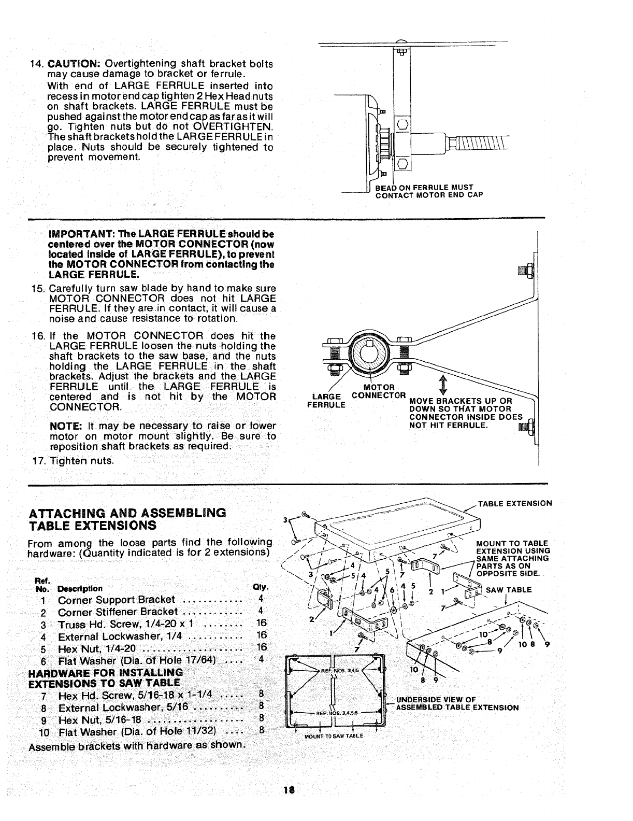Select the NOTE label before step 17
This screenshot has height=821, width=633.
pos(63,426)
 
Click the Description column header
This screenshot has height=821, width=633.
pos(80,589)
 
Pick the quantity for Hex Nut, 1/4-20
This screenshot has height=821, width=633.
pos(261,648)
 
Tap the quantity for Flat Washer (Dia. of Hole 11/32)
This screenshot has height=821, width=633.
pos(262,732)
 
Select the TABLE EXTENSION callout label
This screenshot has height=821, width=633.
pos(515,503)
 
